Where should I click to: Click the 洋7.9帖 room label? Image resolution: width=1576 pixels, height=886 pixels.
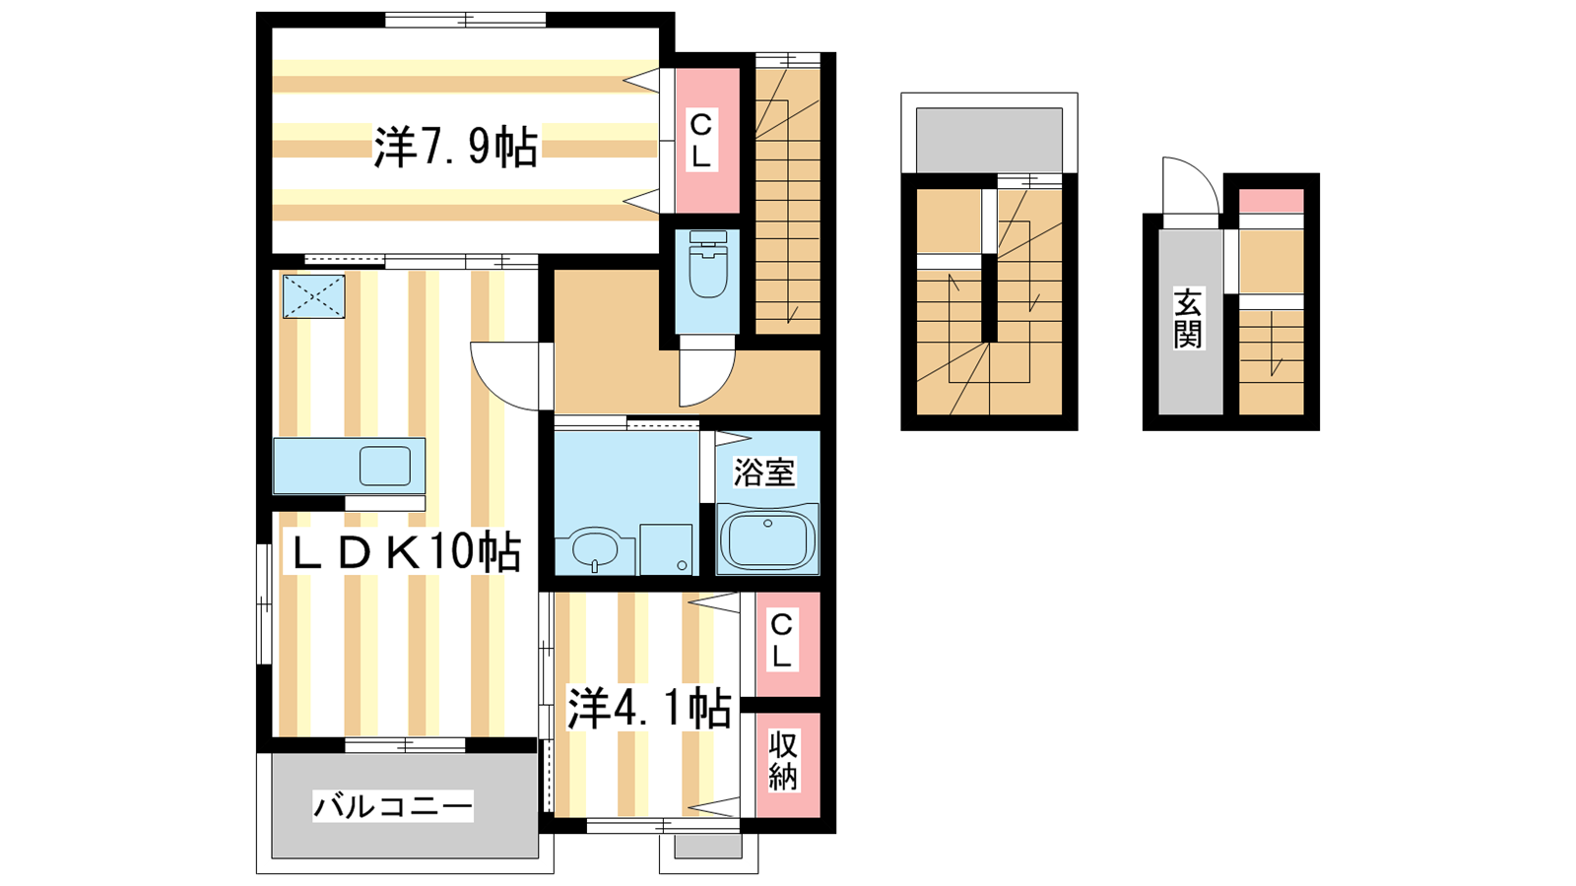click(456, 147)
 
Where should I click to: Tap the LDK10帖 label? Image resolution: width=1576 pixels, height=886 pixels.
click(402, 552)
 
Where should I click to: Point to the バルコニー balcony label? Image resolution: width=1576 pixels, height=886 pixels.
click(393, 806)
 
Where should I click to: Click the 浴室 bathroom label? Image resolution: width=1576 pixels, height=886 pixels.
click(764, 473)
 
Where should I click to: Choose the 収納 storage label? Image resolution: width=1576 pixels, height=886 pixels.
click(782, 761)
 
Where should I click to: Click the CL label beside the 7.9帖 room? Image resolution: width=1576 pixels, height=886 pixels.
click(700, 141)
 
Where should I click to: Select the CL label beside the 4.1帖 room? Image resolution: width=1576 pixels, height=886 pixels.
click(782, 640)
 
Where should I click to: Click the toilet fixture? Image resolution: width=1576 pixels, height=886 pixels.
click(708, 265)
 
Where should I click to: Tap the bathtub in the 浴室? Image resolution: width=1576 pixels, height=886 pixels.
click(767, 539)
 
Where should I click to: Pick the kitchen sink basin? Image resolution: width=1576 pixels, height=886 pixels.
click(385, 466)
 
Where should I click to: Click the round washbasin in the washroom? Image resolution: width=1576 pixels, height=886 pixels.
click(595, 548)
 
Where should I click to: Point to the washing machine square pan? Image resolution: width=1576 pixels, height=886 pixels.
click(666, 549)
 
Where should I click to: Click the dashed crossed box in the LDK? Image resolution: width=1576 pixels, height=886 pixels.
click(314, 296)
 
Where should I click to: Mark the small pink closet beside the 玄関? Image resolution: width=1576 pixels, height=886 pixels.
click(1271, 201)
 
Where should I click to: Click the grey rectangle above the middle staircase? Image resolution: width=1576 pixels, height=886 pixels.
click(989, 140)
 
